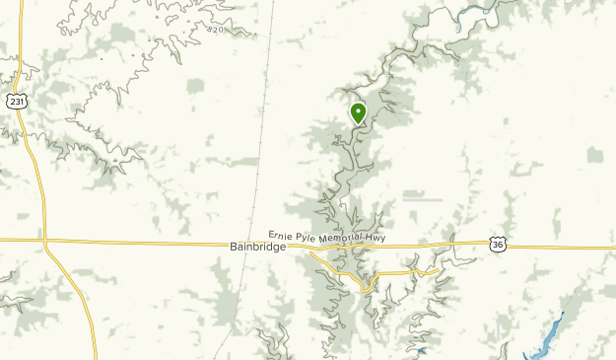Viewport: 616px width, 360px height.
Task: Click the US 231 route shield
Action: click(16, 101)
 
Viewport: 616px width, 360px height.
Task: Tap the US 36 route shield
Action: click(498, 244)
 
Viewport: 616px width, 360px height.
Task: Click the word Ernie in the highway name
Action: click(266, 237)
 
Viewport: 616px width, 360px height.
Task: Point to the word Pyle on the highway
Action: click(295, 237)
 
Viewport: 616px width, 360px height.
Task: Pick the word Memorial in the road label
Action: click(332, 238)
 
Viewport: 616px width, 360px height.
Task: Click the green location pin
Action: click(358, 113)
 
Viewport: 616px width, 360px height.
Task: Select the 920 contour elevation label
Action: click(216, 30)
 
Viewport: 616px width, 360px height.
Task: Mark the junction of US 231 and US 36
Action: click(44, 241)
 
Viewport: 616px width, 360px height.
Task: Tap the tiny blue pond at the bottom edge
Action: click(422, 350)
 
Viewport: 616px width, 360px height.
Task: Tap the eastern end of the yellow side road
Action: click(441, 268)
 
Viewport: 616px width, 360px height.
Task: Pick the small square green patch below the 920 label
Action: click(195, 86)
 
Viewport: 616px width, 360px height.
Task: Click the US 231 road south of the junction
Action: click(79, 306)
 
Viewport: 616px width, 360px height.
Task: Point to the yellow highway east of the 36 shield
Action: click(562, 247)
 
